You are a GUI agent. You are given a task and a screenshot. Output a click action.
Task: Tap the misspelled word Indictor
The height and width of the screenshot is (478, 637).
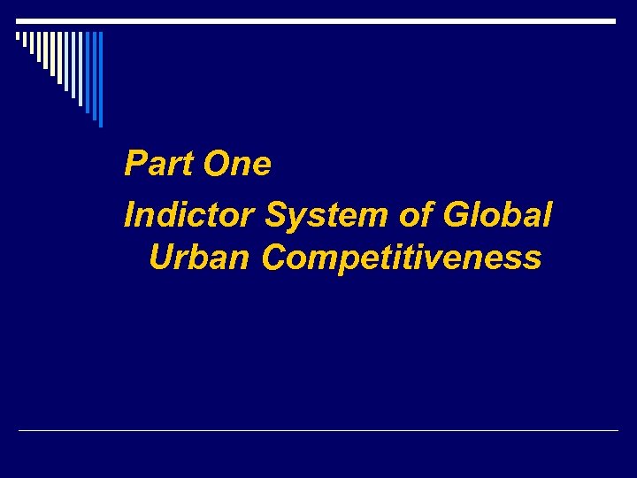click(x=190, y=215)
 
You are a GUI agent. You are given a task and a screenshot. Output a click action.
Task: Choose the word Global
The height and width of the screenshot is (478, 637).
click(x=495, y=215)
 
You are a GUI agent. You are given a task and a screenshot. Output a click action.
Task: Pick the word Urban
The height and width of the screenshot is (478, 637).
click(x=201, y=258)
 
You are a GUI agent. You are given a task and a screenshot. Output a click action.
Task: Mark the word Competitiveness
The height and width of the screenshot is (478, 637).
click(x=403, y=258)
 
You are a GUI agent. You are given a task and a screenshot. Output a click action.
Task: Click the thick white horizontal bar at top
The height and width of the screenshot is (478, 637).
click(x=317, y=20)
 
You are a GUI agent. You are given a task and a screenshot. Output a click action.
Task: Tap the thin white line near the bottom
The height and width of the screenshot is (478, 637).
click(x=318, y=431)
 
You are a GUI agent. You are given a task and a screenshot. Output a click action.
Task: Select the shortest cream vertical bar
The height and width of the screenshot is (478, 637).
click(x=18, y=36)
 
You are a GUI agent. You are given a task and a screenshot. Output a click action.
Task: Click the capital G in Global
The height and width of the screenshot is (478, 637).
click(x=457, y=215)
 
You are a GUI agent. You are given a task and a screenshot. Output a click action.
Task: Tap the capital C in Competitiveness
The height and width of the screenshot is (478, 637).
click(x=275, y=258)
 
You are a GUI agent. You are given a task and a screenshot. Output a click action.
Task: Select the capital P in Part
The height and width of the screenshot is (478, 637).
click(x=135, y=164)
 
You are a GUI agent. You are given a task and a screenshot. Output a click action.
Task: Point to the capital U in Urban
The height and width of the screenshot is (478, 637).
click(x=164, y=258)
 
